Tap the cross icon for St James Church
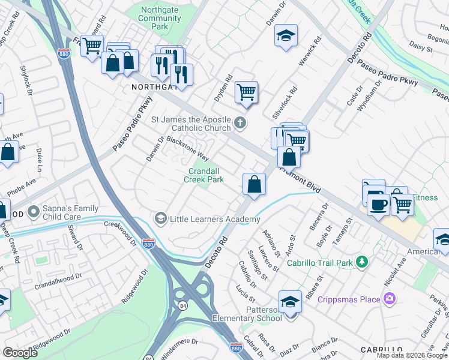click(240, 124)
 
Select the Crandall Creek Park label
click(203, 175)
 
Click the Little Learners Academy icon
click(160, 219)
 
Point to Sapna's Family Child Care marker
click(33, 212)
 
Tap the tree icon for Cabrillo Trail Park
click(361, 262)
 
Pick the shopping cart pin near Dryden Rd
click(246, 92)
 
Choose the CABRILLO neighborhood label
click(381, 350)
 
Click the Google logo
click(20, 352)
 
